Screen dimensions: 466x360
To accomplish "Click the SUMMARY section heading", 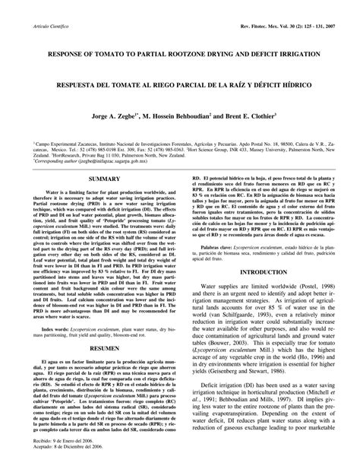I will pos(106,199).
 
